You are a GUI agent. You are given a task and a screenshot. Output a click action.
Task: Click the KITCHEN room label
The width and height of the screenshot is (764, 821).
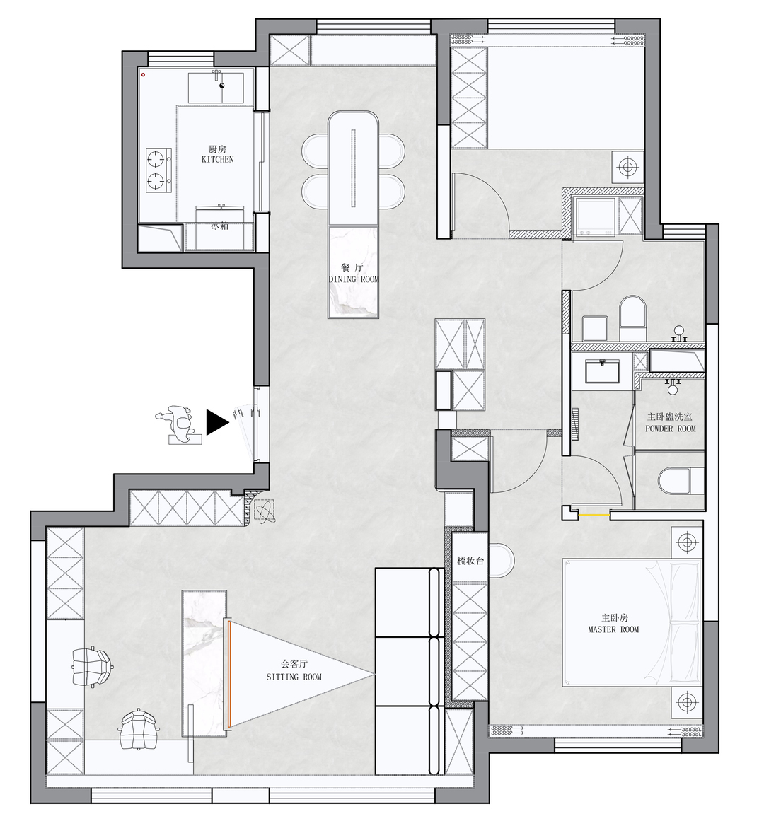pyautogui.click(x=217, y=159)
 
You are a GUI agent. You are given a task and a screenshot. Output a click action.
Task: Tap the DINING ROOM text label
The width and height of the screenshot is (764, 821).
pyautogui.click(x=354, y=279)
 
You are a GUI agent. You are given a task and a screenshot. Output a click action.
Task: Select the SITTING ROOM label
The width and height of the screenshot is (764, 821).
pyautogui.click(x=294, y=677)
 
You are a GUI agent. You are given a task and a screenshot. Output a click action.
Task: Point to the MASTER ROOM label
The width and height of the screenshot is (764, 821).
pyautogui.click(x=613, y=629)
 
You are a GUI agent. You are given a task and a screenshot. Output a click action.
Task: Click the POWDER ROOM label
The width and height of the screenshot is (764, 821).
pyautogui.click(x=670, y=429)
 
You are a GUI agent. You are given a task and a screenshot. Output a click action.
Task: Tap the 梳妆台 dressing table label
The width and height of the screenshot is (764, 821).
pyautogui.click(x=470, y=561)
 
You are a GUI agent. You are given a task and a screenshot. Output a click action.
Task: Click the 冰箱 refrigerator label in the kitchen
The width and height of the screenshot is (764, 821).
pyautogui.click(x=219, y=226)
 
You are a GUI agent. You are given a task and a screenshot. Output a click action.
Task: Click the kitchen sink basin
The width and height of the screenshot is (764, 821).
pyautogui.click(x=216, y=88)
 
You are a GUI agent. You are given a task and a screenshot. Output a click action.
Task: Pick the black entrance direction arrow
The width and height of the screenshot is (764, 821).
pyautogui.click(x=216, y=422)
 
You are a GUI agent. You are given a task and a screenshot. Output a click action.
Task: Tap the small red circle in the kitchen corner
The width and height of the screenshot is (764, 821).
pyautogui.click(x=143, y=75)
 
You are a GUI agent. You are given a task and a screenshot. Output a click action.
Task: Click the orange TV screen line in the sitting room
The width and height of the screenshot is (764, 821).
pyautogui.click(x=228, y=674)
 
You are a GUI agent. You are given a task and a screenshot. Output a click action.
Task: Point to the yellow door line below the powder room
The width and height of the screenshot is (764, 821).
pyautogui.click(x=595, y=516)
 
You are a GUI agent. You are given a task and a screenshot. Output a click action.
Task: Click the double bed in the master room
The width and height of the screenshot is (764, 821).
pyautogui.click(x=632, y=622)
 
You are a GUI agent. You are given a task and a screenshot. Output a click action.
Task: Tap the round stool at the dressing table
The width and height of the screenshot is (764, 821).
pyautogui.click(x=502, y=560)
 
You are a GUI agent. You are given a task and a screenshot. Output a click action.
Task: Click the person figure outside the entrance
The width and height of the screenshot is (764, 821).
pyautogui.click(x=178, y=424)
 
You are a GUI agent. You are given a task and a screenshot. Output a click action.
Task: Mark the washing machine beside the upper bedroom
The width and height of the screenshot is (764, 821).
pyautogui.click(x=595, y=216)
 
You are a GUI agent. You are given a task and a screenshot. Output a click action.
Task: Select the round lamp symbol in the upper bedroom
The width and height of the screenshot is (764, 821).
pyautogui.click(x=627, y=167)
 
